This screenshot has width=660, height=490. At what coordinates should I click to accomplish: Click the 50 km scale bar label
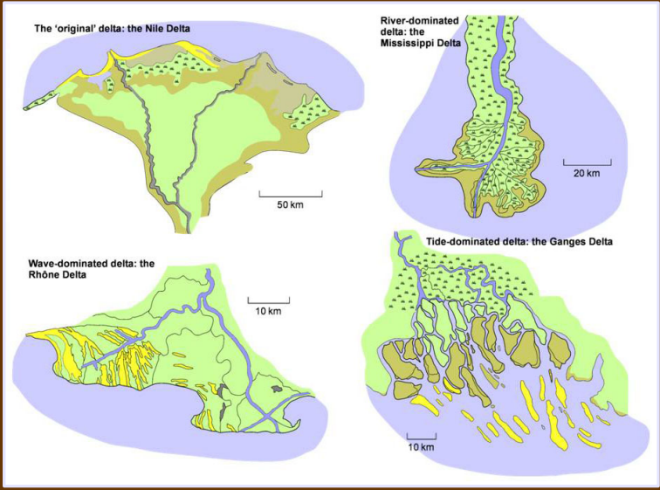[x=290, y=204]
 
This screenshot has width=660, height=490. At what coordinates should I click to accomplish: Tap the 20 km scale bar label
[x=586, y=174]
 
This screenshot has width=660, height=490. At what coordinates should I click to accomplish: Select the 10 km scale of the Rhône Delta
[x=267, y=311]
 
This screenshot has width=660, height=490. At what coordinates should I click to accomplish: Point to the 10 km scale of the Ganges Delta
[x=421, y=447]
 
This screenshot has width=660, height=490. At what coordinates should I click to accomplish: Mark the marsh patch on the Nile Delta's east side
[x=309, y=112]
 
